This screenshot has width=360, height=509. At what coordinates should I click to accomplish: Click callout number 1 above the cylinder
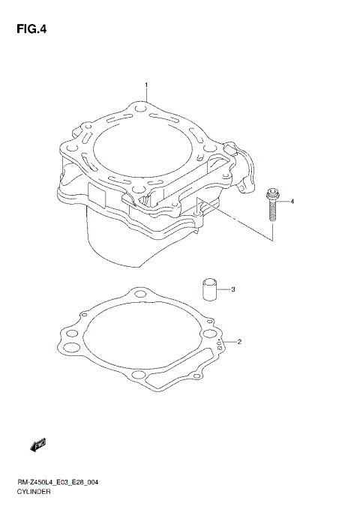146,85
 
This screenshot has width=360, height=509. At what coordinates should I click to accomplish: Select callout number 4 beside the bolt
292,202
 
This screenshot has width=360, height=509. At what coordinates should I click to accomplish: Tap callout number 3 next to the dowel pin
233,289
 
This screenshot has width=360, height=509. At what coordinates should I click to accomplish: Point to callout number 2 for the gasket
238,343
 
